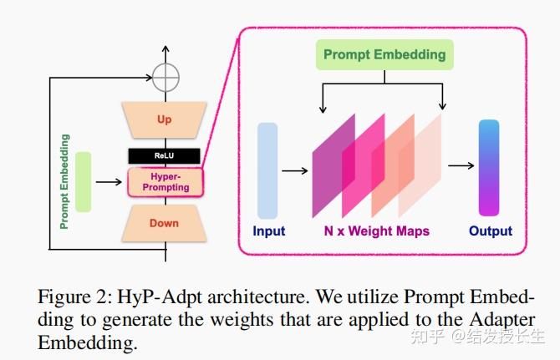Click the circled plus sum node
click(x=166, y=78)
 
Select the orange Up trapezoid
click(x=164, y=120)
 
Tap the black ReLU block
click(x=164, y=156)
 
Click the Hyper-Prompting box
click(x=164, y=181)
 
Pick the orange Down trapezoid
click(x=164, y=223)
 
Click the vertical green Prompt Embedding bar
click(x=83, y=181)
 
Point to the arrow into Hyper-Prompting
click(x=109, y=181)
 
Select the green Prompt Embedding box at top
click(x=384, y=56)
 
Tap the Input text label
click(x=268, y=231)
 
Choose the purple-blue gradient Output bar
click(x=488, y=168)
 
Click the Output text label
click(x=490, y=231)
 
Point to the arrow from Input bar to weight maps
click(x=295, y=170)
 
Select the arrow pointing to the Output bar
click(x=461, y=166)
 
